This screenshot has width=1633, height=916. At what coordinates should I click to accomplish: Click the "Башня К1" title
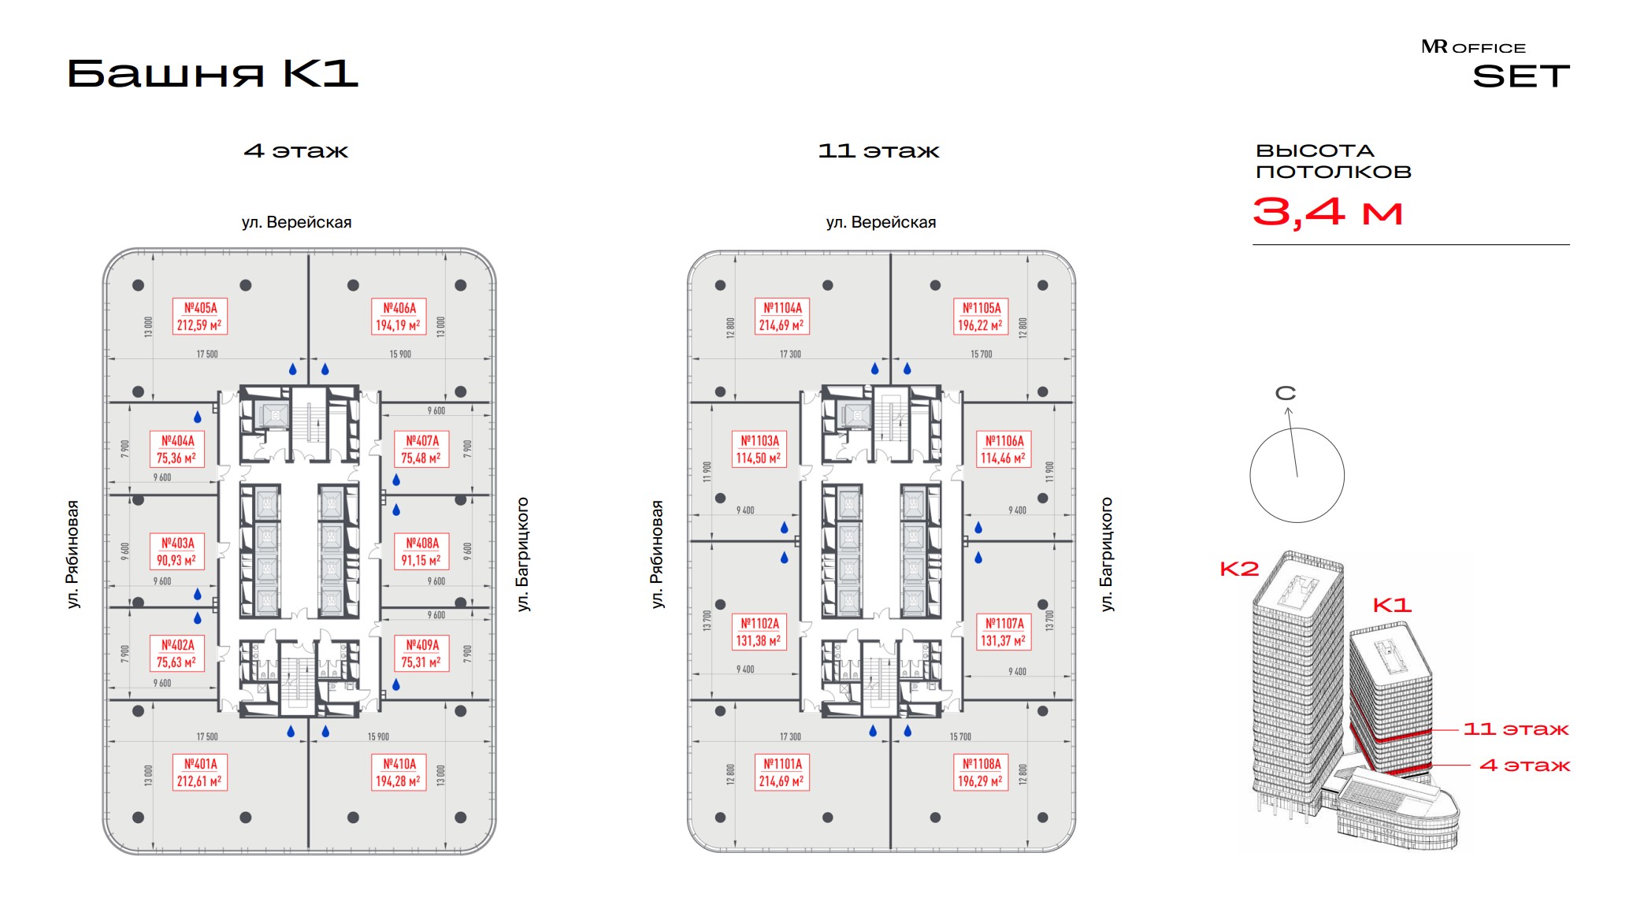click(213, 74)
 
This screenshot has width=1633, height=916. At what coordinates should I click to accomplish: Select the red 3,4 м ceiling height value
click(1327, 211)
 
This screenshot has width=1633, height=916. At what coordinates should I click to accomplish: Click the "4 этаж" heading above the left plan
click(295, 151)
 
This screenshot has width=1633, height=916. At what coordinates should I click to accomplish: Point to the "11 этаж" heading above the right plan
click(878, 151)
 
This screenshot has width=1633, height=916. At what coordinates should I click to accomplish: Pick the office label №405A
click(199, 317)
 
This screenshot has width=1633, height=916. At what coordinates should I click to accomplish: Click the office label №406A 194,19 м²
click(398, 317)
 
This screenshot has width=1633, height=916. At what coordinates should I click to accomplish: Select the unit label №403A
click(176, 551)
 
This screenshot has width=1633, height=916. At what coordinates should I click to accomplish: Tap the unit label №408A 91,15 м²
click(421, 551)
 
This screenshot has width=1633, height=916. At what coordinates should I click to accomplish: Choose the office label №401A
click(199, 773)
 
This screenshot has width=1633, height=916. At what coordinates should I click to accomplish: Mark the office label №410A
click(398, 773)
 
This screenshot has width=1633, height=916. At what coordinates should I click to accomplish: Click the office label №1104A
click(781, 317)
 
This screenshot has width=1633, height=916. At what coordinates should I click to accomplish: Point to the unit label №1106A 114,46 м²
click(1004, 450)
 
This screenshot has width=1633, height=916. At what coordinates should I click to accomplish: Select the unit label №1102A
click(759, 632)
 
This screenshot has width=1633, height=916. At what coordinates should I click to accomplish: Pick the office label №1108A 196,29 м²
click(981, 773)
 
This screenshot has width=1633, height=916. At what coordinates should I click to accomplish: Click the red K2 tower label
click(1239, 569)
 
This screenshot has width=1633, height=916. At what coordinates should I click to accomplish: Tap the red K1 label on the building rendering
click(1392, 605)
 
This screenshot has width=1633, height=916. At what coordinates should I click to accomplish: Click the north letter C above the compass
click(1286, 393)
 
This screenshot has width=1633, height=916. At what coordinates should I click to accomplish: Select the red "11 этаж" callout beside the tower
click(1516, 729)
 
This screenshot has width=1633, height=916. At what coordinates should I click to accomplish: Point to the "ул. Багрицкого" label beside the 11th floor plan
click(1107, 554)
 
